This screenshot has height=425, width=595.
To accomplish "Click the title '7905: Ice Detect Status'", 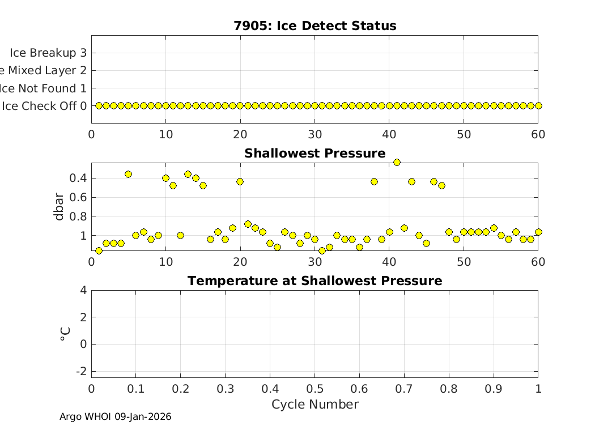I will click(x=314, y=26).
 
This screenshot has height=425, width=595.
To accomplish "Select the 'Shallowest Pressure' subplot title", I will click(x=314, y=154).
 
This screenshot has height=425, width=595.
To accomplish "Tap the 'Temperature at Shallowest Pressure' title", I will click(x=314, y=281).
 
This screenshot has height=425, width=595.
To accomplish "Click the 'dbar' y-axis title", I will click(x=59, y=207).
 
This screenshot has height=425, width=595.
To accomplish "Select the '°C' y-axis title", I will click(x=65, y=333).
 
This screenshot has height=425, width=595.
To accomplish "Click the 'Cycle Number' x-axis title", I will click(x=314, y=405).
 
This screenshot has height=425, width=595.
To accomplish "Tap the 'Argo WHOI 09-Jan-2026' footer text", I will click(x=115, y=417).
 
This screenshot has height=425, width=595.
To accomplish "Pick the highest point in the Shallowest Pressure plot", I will click(x=397, y=162).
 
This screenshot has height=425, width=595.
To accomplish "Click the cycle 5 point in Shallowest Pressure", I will click(x=128, y=174).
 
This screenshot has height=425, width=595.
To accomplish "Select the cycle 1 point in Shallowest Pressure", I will click(x=99, y=250).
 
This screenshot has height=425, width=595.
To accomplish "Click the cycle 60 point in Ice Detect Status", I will click(x=538, y=105).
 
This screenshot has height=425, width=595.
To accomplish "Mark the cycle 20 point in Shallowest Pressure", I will click(x=240, y=181).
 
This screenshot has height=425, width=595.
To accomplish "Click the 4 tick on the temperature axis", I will click(x=83, y=290).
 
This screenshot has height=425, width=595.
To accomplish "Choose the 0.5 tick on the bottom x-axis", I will click(x=314, y=389).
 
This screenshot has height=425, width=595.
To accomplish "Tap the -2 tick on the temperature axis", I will click(x=81, y=371).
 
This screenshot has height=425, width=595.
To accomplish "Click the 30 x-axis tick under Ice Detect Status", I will click(x=314, y=135).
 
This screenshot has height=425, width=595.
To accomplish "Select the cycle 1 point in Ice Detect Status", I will click(x=99, y=105).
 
